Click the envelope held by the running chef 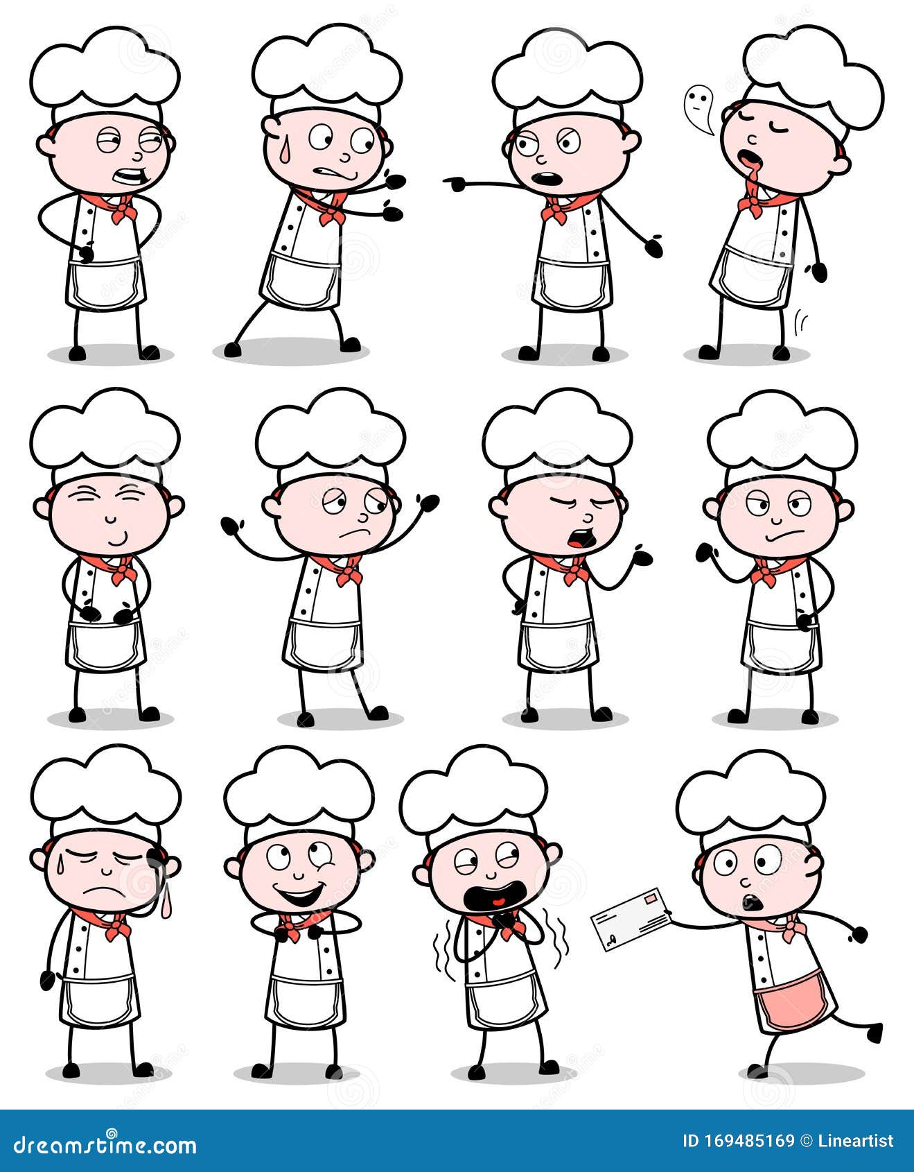(x=631, y=920)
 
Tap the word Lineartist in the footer (x=856, y=1141)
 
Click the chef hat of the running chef (x=750, y=798)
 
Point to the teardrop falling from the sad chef (x=166, y=906)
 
